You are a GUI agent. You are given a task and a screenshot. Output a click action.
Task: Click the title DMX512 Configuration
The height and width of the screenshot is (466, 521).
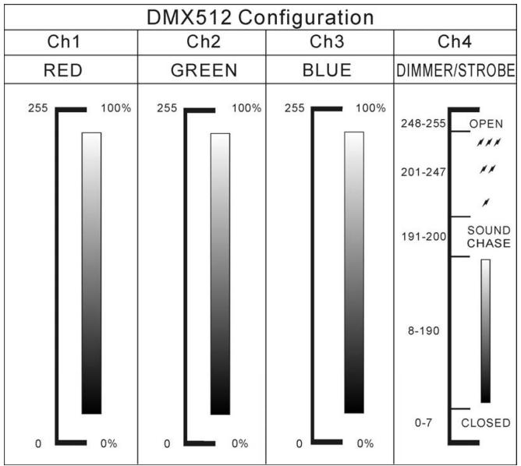pyautogui.click(x=260, y=16)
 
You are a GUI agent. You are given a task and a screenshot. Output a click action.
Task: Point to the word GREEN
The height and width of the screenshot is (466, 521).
pyautogui.click(x=201, y=71)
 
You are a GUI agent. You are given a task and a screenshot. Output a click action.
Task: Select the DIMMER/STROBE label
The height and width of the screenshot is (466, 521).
pyautogui.click(x=456, y=71)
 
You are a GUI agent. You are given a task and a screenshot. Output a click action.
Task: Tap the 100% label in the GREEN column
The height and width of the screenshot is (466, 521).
pyautogui.click(x=245, y=108)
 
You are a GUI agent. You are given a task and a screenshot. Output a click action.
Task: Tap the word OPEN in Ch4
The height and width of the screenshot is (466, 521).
pyautogui.click(x=486, y=124)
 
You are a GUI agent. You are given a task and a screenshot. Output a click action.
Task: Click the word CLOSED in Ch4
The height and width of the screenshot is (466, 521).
pyautogui.click(x=486, y=424)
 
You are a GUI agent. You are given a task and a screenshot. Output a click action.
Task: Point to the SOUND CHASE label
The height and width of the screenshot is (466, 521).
pyautogui.click(x=488, y=236)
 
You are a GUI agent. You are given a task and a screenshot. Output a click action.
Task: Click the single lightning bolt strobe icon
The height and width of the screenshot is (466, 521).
pyautogui.click(x=487, y=202)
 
